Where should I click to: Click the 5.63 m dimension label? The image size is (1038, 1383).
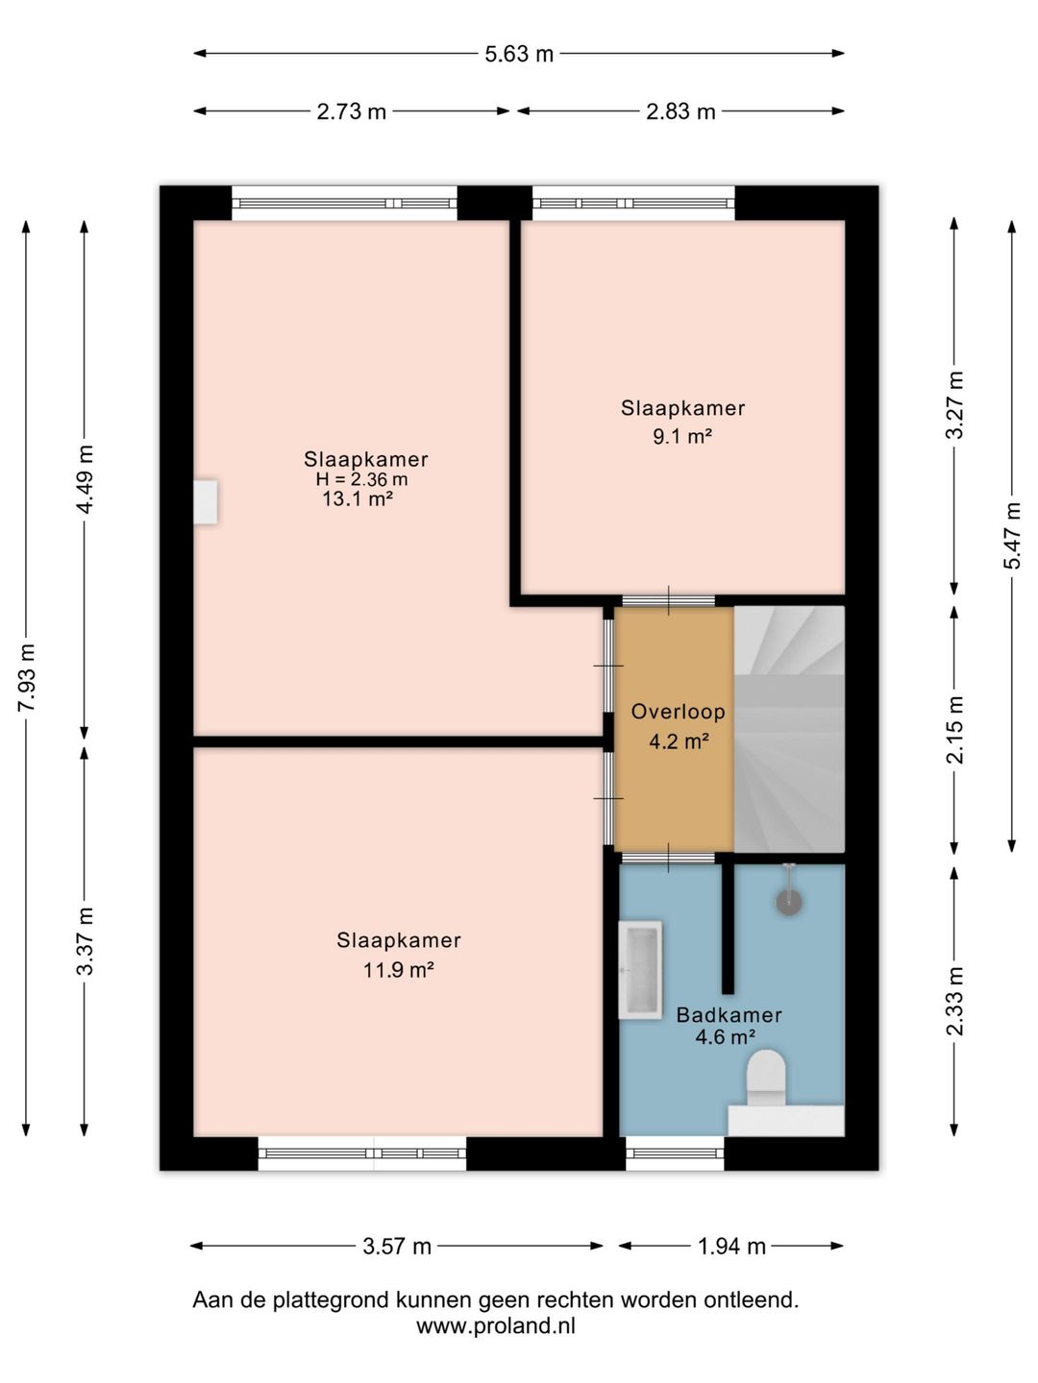519,54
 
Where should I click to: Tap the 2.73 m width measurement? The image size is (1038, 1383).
351,111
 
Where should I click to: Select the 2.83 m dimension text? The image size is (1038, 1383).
680,111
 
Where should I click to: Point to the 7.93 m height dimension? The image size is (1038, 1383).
27,678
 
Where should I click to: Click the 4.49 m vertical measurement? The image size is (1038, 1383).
86,479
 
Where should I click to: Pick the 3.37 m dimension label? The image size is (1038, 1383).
86,941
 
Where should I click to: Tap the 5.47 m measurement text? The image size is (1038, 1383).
1012,535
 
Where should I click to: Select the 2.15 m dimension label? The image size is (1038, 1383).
954,730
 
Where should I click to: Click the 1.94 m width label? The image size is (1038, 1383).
731,1246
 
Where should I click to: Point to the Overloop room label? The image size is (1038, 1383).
679,712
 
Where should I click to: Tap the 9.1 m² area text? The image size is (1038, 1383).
682,436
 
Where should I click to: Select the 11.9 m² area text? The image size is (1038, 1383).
398,969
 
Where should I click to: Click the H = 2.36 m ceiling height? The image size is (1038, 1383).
361,479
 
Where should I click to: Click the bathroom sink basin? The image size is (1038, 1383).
640,970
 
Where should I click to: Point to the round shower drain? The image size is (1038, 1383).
788,902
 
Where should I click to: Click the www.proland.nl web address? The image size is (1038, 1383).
496,1325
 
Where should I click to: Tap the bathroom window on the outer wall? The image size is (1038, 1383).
675,1153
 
